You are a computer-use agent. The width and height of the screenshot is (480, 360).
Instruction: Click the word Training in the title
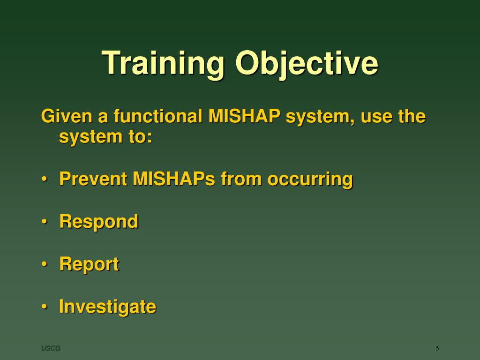(163, 64)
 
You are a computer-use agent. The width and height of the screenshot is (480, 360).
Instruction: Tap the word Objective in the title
(307, 64)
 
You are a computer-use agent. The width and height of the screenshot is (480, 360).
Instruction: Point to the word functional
(157, 116)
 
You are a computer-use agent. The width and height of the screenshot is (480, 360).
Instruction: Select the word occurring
(310, 180)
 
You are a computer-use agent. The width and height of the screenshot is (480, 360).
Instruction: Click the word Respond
(99, 222)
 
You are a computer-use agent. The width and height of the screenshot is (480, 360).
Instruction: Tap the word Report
(89, 264)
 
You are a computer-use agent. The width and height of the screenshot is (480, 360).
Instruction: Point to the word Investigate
(108, 307)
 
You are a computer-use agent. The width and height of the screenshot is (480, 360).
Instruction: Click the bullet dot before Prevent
(45, 179)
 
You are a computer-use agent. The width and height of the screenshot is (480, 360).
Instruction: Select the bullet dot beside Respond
(45, 221)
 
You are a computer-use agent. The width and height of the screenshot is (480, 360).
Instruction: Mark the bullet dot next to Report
(45, 264)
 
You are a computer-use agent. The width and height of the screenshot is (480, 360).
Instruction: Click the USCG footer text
(51, 348)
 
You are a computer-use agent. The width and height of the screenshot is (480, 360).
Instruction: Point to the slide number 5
(437, 348)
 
